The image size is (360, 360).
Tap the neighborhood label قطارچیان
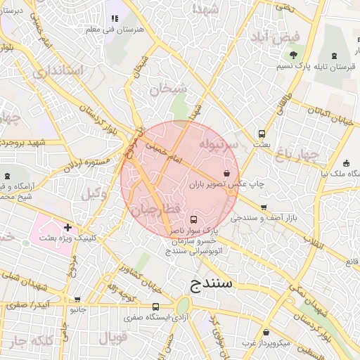coord(155,210)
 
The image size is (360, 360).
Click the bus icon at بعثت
coord(262,134)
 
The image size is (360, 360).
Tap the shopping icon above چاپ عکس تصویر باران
coord(226,173)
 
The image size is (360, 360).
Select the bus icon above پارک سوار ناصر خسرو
coord(194,219)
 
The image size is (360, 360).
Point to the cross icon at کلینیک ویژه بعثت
coord(67,227)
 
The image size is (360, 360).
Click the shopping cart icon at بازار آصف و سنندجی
coord(263,207)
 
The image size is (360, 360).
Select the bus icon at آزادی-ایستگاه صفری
coord(155,307)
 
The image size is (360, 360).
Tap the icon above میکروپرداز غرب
coord(266,333)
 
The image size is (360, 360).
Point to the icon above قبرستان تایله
coord(335,55)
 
